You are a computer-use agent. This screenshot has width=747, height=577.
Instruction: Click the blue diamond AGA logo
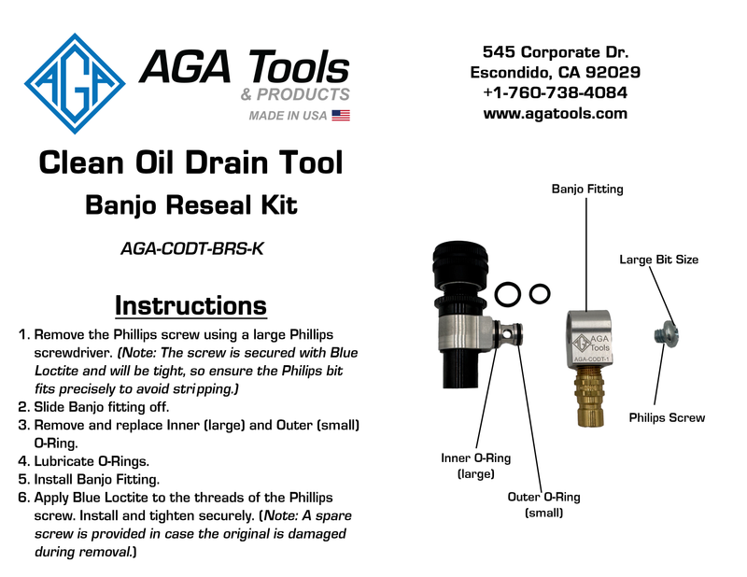(x=75, y=84)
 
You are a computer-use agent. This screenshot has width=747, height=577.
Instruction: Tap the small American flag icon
(x=341, y=116)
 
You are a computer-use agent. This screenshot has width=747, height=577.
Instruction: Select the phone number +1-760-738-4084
(x=555, y=92)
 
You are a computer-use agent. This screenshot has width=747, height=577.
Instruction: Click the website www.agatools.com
(x=555, y=114)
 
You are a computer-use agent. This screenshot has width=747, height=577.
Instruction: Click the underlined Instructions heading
(x=190, y=305)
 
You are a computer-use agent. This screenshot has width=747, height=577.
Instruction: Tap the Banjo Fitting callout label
(x=587, y=190)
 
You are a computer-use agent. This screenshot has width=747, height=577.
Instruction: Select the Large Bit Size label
(x=658, y=260)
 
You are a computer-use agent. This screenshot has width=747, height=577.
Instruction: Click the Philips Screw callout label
(x=667, y=417)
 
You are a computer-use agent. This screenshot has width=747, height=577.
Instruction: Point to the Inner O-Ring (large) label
(x=475, y=466)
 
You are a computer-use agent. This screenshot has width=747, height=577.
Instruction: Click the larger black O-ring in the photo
(x=508, y=295)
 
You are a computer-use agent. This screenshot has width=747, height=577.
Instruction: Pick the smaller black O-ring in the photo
(x=539, y=294)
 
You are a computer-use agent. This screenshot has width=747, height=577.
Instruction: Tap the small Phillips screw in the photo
(x=665, y=332)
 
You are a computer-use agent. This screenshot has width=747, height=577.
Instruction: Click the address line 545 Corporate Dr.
(x=555, y=50)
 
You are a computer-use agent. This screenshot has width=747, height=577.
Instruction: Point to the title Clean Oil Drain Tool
(x=190, y=164)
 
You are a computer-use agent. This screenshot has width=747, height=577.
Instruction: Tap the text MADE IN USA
(x=288, y=116)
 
